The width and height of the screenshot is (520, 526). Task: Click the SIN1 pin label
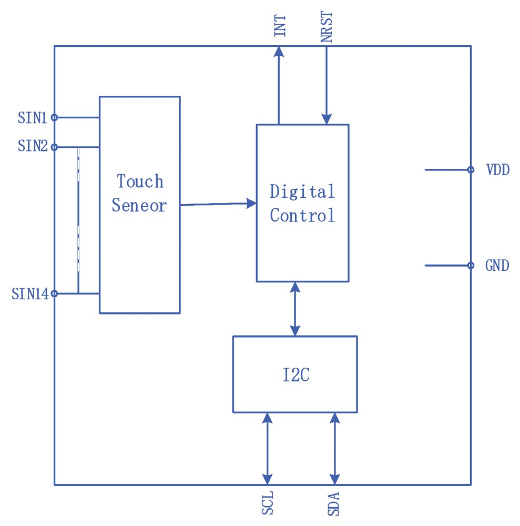click(33, 118)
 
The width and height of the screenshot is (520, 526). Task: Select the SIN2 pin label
click(33, 147)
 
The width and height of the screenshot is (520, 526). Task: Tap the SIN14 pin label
click(30, 294)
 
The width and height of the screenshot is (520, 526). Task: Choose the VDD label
click(497, 170)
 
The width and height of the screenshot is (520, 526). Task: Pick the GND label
click(497, 266)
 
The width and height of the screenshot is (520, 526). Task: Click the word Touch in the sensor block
click(140, 181)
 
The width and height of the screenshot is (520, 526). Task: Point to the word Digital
click(302, 191)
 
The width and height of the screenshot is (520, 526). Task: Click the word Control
click(302, 215)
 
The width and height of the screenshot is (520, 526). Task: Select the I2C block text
click(295, 376)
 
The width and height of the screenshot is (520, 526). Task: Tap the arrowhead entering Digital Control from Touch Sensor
click(251, 203)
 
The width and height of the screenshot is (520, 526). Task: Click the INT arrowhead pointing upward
click(279, 52)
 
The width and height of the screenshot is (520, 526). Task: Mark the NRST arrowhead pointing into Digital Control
click(327, 119)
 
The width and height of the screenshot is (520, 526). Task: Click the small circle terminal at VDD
click(471, 169)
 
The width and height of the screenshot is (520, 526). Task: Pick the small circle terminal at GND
click(471, 266)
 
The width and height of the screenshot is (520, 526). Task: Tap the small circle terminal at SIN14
click(54, 294)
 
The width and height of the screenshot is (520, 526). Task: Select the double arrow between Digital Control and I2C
click(295, 309)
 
